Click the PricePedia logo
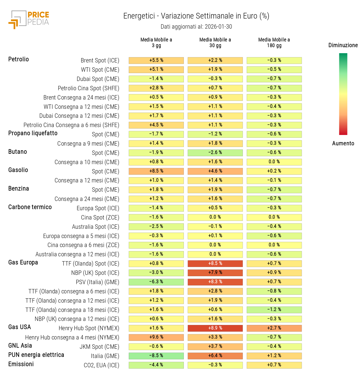[29, 20]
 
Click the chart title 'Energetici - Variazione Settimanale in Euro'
[196, 16]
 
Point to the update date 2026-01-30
[218, 27]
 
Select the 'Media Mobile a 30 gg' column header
[215, 43]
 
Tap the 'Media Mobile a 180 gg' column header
[274, 43]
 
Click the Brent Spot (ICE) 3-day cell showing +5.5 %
[156, 60]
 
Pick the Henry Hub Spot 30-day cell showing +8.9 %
[215, 328]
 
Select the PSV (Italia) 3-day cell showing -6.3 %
[156, 282]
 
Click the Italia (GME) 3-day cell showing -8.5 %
[156, 356]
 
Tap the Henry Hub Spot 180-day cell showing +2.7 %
[274, 328]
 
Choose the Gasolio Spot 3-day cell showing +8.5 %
[156, 171]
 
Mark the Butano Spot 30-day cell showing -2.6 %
[215, 152]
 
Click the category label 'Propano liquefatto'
[33, 133]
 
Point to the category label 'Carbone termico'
[30, 207]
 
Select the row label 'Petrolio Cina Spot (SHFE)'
[88, 88]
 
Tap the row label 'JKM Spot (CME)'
[99, 347]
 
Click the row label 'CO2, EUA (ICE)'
[101, 365]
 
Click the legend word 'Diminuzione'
[343, 45]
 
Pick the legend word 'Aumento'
[343, 143]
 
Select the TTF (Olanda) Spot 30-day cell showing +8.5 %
[215, 263]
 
